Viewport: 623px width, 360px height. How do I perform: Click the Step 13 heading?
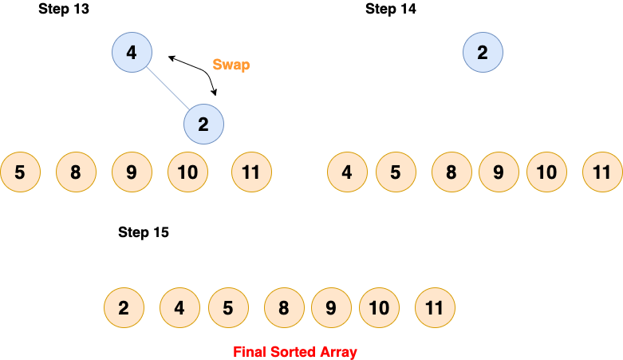(64, 10)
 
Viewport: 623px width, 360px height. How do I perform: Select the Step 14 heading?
(391, 10)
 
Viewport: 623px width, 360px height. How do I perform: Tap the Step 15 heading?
(144, 233)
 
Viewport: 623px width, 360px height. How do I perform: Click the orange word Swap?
(231, 65)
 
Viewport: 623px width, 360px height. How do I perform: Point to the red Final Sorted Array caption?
(295, 351)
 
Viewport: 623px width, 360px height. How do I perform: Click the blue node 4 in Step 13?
(132, 53)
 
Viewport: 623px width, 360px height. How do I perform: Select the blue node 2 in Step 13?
(203, 125)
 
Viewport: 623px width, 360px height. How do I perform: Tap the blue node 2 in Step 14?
(483, 53)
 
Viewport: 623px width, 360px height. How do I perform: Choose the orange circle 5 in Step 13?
(20, 172)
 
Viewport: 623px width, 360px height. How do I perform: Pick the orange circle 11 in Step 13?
(251, 172)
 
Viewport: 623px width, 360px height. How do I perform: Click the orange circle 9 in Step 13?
(132, 172)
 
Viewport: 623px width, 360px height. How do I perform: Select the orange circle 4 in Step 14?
(347, 172)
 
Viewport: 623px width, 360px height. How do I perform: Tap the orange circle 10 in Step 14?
(546, 172)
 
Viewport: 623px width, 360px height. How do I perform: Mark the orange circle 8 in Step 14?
(451, 172)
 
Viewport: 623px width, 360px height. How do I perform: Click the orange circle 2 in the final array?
(124, 308)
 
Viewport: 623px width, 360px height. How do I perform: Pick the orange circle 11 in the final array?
(435, 308)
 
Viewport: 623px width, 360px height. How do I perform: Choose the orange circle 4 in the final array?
(179, 308)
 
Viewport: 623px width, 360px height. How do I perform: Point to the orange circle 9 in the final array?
(331, 308)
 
